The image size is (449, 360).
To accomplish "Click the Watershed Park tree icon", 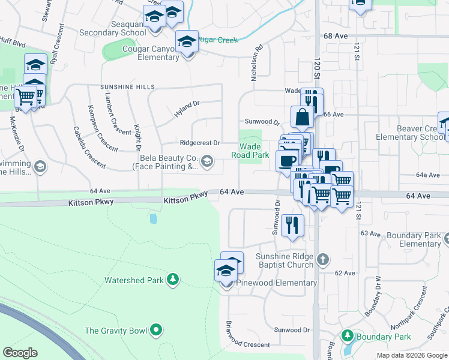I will [x=173, y=280].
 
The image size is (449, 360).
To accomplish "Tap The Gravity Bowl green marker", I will [x=156, y=329].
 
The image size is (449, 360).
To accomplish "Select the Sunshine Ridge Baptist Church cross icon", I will [x=323, y=259].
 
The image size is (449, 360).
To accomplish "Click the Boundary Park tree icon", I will [x=346, y=336].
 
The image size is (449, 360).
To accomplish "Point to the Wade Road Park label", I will [x=250, y=150].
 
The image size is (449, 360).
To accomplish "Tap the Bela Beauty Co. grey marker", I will [x=207, y=160].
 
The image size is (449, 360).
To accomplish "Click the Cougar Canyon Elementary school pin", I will [x=187, y=42].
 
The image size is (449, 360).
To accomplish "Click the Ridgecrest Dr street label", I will [x=200, y=143].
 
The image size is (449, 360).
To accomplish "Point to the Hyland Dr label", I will [x=186, y=109].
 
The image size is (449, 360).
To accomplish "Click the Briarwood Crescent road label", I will [x=246, y=336].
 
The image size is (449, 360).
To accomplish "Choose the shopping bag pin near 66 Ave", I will [x=301, y=116].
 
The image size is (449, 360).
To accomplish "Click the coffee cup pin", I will [x=286, y=160].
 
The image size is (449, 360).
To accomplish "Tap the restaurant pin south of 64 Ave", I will [x=292, y=225].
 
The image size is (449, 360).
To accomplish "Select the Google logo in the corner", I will [x=20, y=353].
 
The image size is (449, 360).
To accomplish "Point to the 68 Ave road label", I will [x=335, y=37].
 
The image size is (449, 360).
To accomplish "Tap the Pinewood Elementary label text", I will [x=277, y=283].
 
